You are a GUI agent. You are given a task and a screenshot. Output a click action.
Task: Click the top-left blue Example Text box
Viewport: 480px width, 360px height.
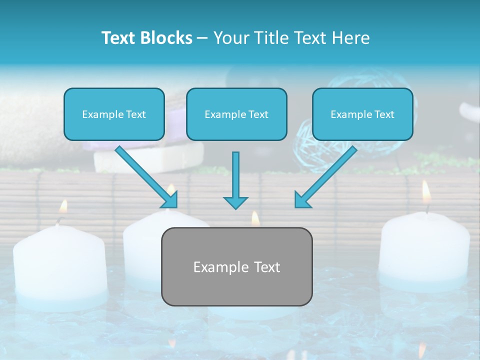click(114, 114)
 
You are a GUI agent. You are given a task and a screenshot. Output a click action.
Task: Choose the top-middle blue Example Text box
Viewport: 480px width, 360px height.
click(236, 114)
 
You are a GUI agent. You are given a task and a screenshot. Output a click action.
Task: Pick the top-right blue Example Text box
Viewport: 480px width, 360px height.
click(362, 114)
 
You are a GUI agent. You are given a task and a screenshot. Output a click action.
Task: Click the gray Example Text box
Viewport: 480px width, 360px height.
click(236, 266)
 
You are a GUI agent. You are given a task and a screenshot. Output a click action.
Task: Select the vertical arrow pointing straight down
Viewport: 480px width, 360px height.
click(235, 180)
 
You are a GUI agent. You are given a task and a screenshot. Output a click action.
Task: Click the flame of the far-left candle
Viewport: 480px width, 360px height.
click(63, 206)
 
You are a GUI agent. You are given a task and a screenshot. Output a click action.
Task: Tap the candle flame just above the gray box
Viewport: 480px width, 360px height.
click(255, 218)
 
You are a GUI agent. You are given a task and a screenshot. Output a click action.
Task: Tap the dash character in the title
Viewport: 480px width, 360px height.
click(202, 38)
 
